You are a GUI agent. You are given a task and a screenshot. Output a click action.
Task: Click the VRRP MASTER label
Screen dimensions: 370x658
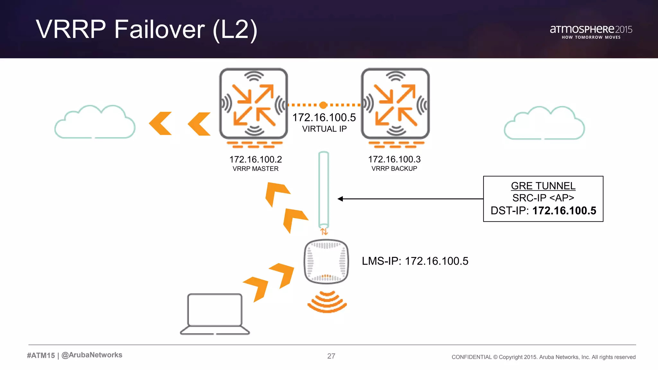(x=255, y=169)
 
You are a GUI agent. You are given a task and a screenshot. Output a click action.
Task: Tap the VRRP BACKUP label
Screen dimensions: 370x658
(x=394, y=168)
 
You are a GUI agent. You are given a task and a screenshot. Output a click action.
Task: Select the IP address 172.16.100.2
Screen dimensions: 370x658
(x=255, y=159)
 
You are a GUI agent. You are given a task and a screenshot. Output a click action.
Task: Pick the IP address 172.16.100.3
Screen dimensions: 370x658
(x=394, y=159)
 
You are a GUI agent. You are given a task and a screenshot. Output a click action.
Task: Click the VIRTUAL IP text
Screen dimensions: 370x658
(x=324, y=129)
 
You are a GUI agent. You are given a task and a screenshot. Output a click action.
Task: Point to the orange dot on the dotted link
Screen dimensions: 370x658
(x=323, y=105)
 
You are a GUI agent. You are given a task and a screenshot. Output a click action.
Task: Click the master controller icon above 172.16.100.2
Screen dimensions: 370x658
(x=253, y=103)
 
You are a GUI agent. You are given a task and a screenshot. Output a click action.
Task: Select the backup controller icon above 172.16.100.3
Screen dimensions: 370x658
(x=395, y=103)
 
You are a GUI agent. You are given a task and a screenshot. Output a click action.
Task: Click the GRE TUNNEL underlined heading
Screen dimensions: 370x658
(x=543, y=186)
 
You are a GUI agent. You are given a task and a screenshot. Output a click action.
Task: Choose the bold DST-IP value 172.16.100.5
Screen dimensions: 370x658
(x=564, y=211)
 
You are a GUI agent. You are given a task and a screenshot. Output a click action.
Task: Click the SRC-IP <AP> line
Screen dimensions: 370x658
(x=543, y=198)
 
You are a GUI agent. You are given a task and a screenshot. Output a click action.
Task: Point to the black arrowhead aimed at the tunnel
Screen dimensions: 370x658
(x=341, y=199)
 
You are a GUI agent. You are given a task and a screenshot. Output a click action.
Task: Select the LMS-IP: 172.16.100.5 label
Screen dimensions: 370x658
(x=415, y=261)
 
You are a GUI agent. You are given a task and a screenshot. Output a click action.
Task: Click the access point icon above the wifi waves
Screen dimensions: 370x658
(x=326, y=261)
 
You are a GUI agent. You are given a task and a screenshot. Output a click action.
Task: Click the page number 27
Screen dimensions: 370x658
(x=331, y=356)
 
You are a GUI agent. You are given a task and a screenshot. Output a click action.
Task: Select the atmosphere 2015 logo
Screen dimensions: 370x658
(x=591, y=31)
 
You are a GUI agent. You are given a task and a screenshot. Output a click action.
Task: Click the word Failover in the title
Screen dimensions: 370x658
(x=159, y=29)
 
